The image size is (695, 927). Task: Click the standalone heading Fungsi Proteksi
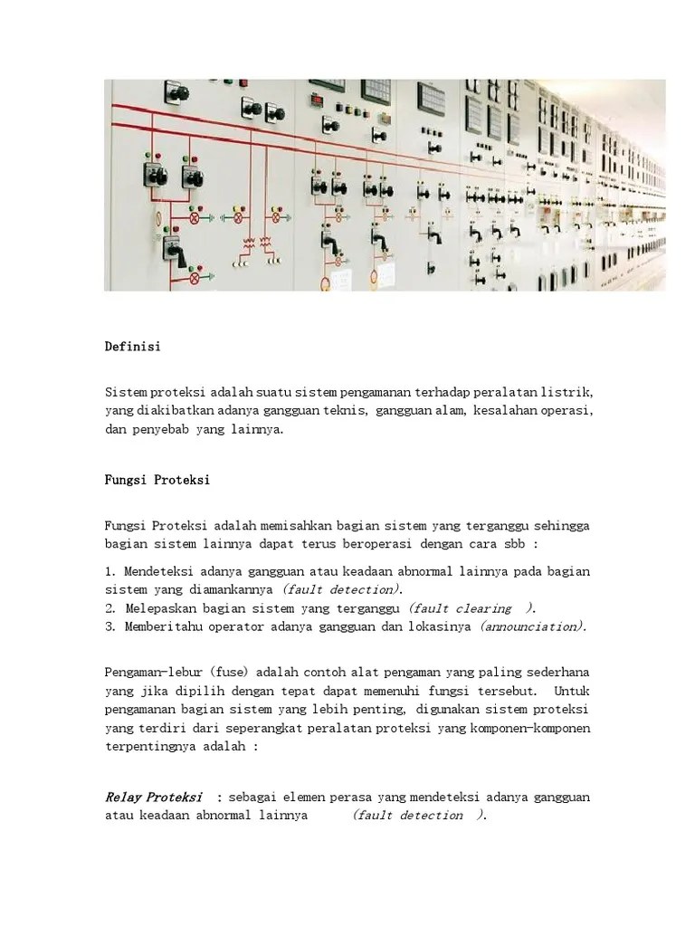[157, 480]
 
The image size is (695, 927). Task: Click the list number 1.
[109, 571]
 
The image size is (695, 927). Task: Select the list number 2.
[109, 607]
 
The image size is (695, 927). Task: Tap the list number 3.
[109, 626]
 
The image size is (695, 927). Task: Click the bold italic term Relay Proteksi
[153, 797]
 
